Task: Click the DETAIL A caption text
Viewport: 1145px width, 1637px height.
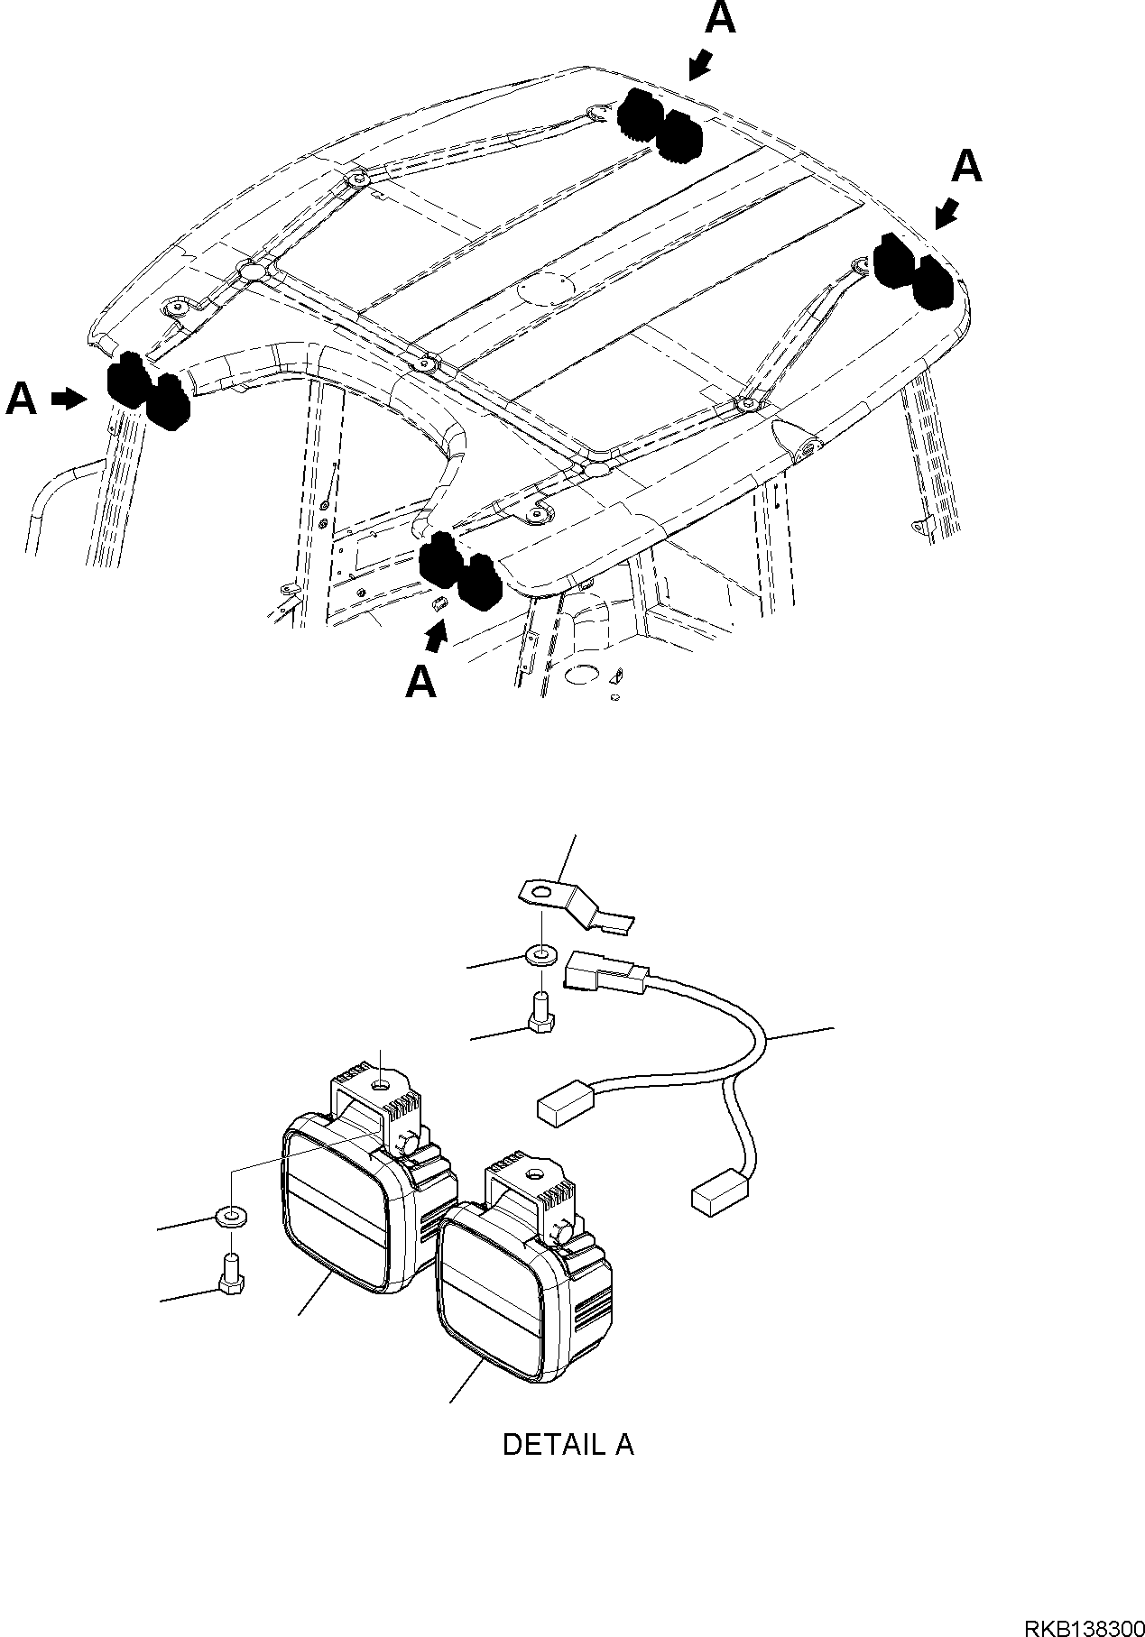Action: [568, 1444]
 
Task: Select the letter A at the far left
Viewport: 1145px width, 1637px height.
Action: [22, 399]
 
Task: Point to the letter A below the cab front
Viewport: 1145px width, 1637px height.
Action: [421, 682]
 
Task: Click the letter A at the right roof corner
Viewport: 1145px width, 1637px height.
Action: [966, 167]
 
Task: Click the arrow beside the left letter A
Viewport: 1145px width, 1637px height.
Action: [68, 399]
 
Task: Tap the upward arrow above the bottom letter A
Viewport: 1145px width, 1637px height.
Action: [437, 637]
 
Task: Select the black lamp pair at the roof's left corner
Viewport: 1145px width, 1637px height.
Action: [148, 391]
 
